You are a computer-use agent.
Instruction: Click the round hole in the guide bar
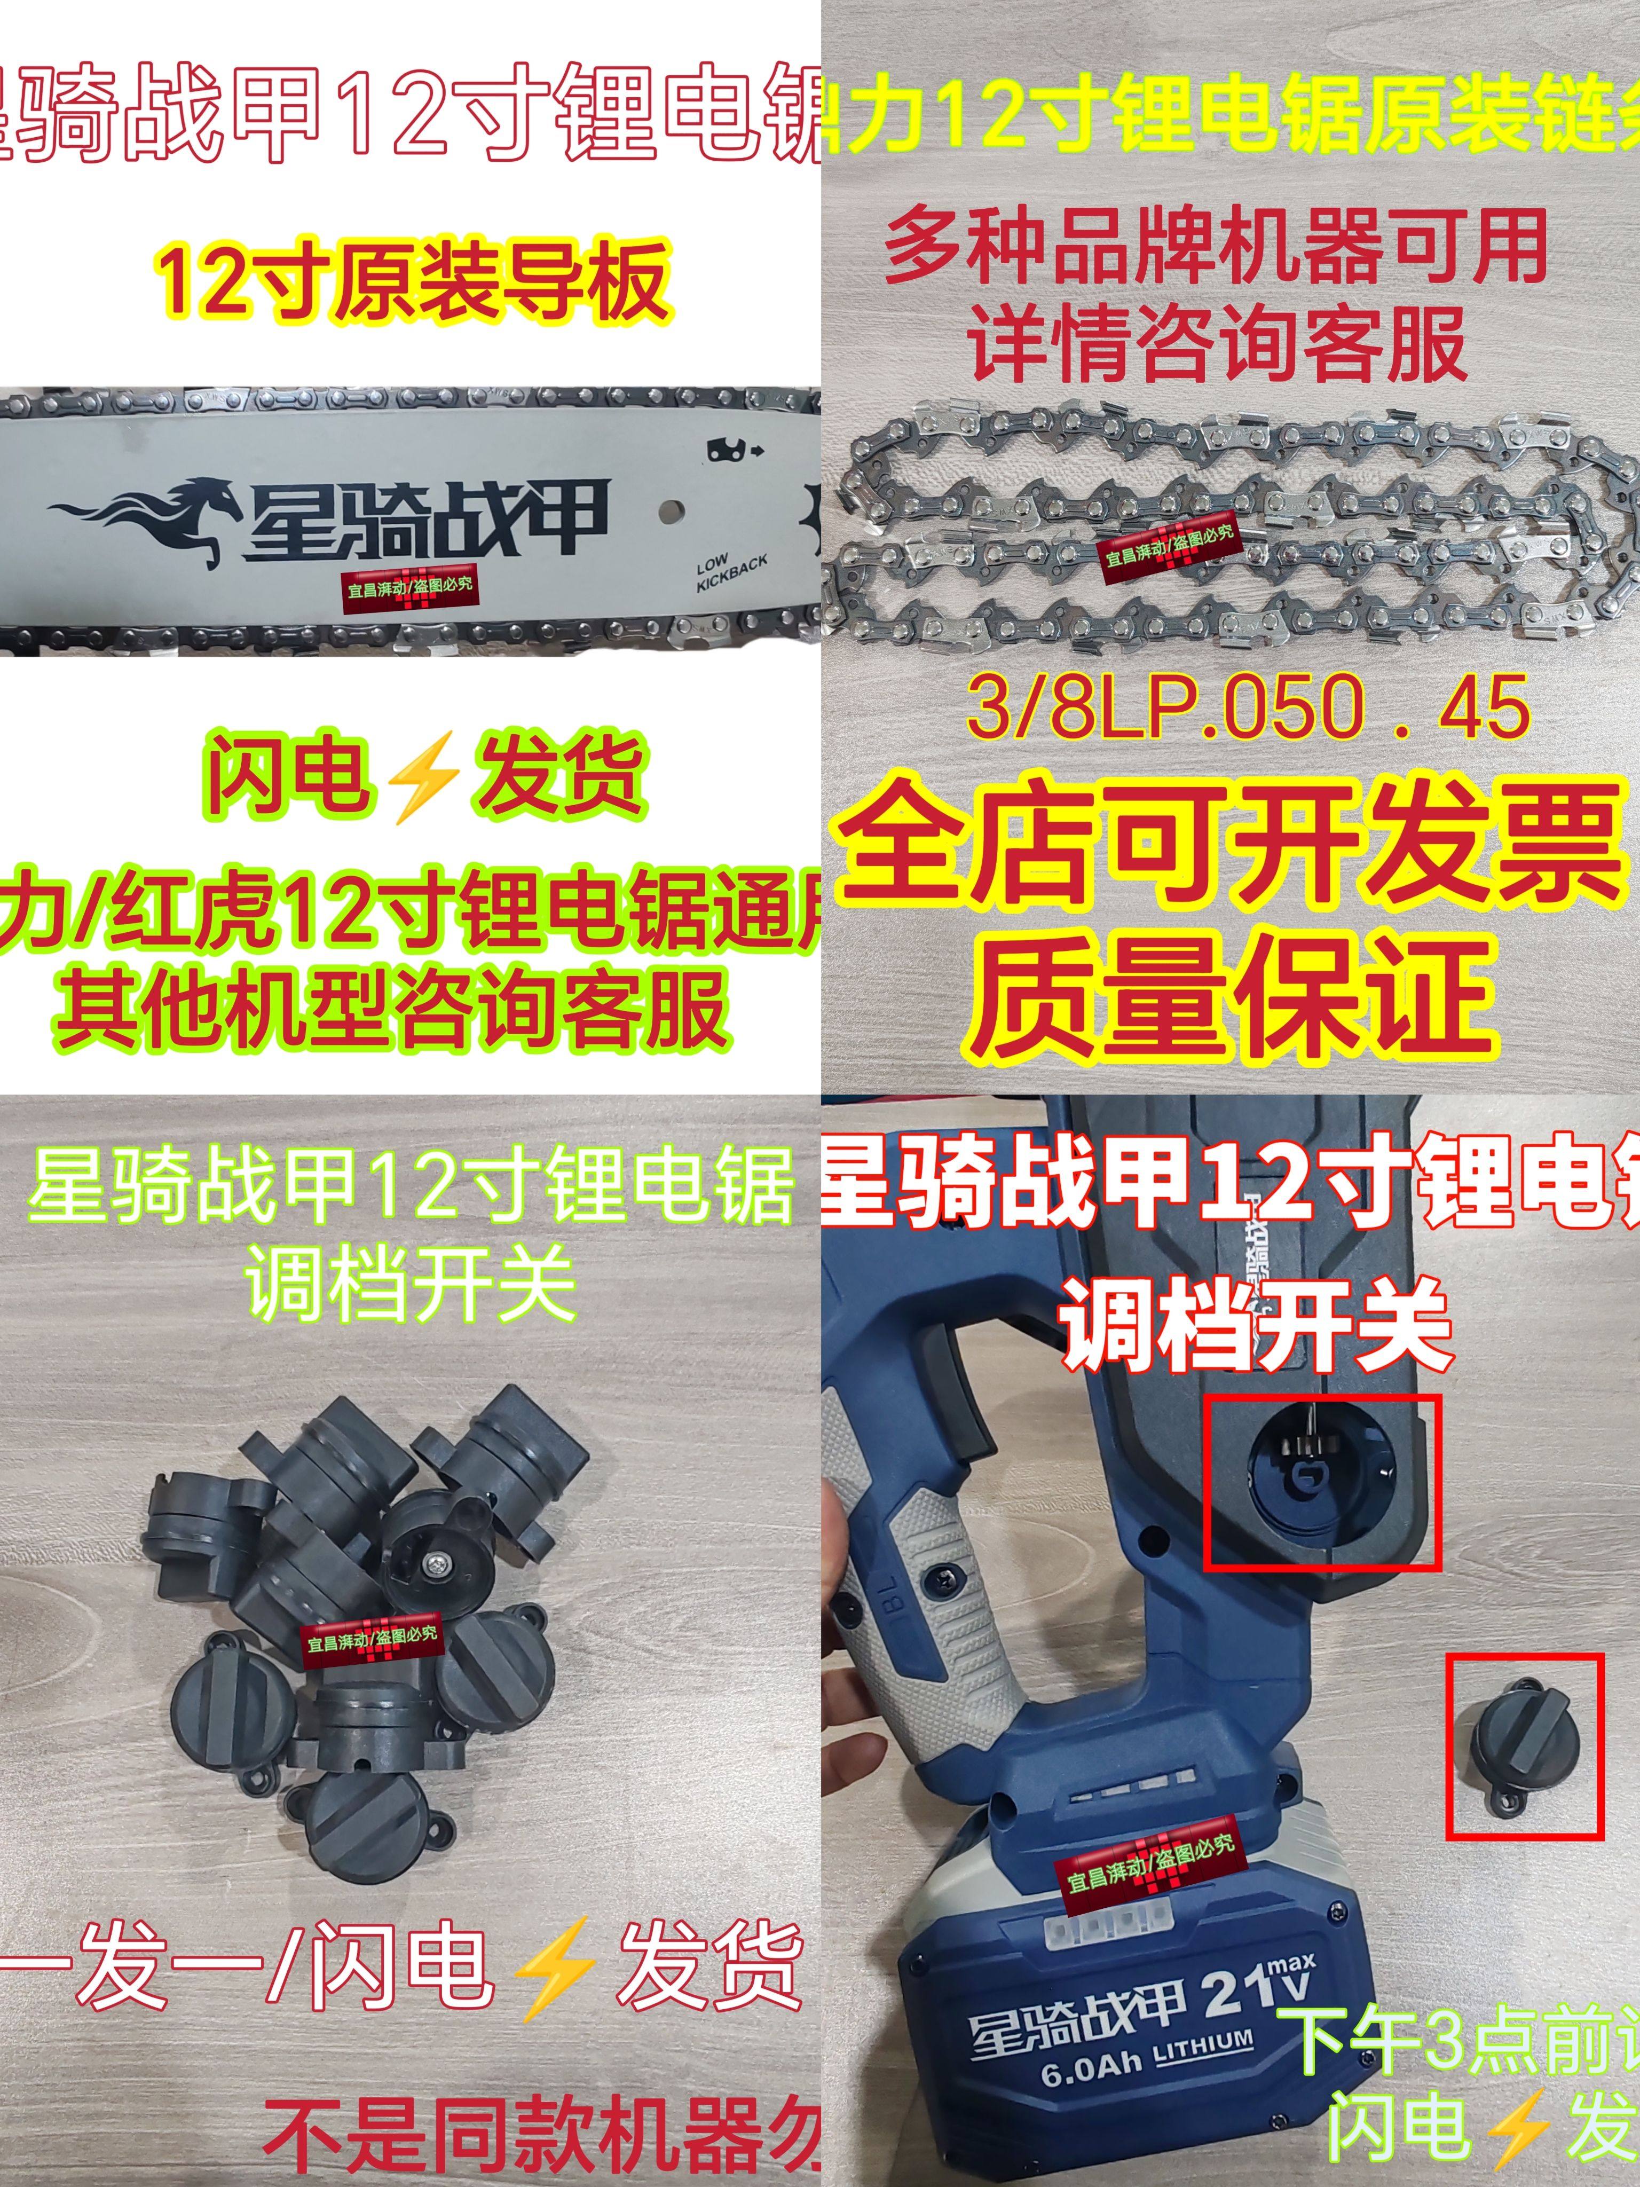[671, 511]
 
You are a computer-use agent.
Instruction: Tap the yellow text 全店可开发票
[1230, 852]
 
